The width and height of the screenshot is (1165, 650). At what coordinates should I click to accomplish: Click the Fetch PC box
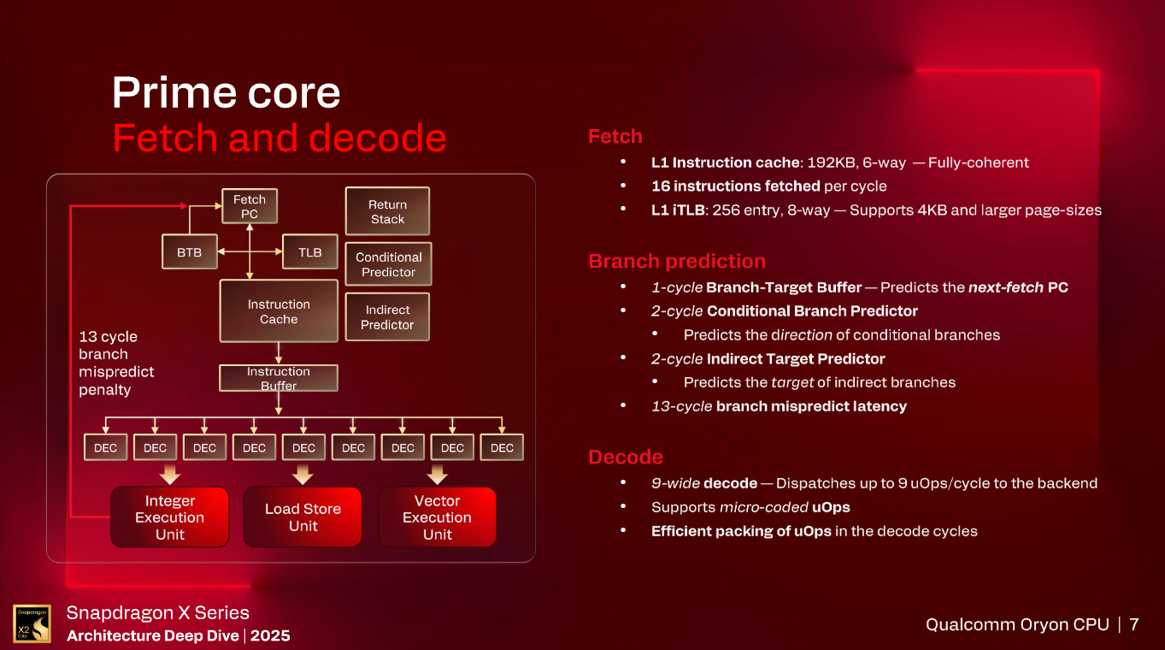click(250, 207)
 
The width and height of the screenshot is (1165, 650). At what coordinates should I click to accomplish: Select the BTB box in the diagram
click(189, 252)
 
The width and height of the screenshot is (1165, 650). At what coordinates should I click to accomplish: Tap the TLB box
click(310, 252)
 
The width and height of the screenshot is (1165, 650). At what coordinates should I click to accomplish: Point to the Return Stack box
click(387, 212)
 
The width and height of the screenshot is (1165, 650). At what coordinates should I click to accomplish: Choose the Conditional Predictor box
click(388, 264)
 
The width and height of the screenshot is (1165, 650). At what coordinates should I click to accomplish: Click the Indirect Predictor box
click(387, 317)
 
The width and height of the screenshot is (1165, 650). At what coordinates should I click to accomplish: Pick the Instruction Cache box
click(279, 311)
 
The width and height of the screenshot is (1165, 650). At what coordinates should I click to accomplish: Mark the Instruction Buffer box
click(279, 378)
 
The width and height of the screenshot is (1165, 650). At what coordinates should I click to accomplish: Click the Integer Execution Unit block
click(169, 517)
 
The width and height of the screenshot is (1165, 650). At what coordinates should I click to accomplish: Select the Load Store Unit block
click(303, 517)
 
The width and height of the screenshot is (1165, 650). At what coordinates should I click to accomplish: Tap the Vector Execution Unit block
click(437, 517)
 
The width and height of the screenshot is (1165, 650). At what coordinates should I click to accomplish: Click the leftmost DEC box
click(105, 447)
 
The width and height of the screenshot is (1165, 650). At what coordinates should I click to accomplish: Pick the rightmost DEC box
click(502, 447)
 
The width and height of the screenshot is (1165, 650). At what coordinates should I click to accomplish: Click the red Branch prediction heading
click(677, 262)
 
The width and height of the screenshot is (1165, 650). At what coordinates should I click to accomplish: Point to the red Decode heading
click(626, 457)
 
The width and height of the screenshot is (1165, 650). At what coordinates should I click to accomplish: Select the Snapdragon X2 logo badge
click(32, 623)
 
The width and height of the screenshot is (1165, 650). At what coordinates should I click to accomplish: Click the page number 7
click(1134, 624)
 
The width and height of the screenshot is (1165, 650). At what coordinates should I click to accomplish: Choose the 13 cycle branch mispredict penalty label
click(116, 363)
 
